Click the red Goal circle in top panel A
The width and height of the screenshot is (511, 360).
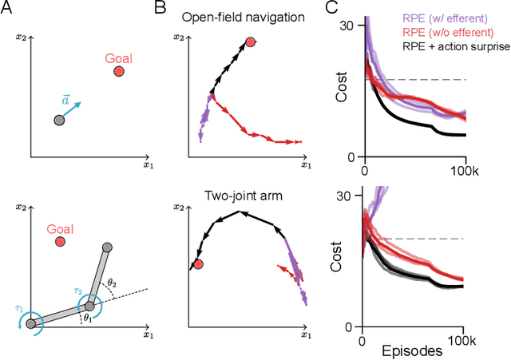click(119, 72)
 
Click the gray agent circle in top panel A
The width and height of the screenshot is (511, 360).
click(58, 120)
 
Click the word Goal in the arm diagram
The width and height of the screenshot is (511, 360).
click(61, 228)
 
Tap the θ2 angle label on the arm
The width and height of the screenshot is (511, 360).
click(113, 283)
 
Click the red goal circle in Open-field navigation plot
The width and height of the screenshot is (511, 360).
click(251, 42)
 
